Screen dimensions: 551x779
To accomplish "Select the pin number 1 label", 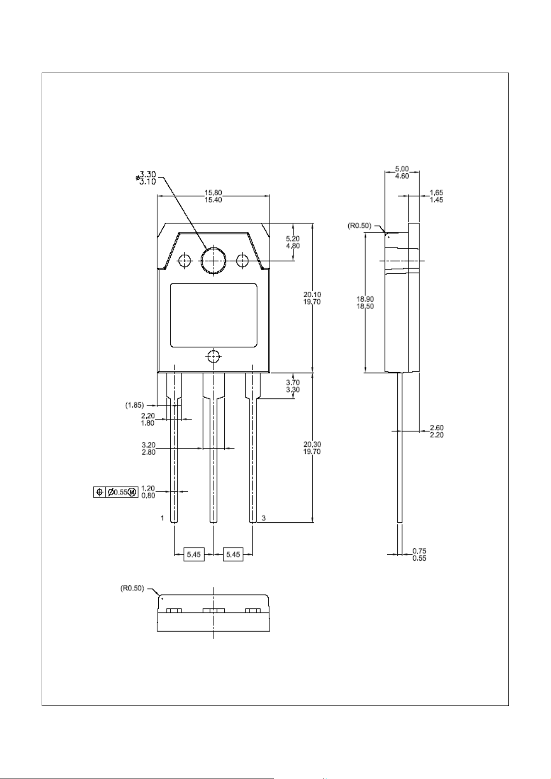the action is pos(162,518).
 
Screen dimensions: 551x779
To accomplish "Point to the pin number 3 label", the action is pos(264,518).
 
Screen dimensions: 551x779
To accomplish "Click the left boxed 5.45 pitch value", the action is pos(194,554).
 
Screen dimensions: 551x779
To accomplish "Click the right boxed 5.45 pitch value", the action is pos(233,554).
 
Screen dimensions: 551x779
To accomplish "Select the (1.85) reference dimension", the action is pos(134,405).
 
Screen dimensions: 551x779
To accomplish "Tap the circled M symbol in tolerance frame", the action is pos(132,492).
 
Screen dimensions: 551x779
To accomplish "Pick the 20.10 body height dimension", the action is pos(312,298).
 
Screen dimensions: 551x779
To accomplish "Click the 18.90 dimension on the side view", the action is pos(365,302).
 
